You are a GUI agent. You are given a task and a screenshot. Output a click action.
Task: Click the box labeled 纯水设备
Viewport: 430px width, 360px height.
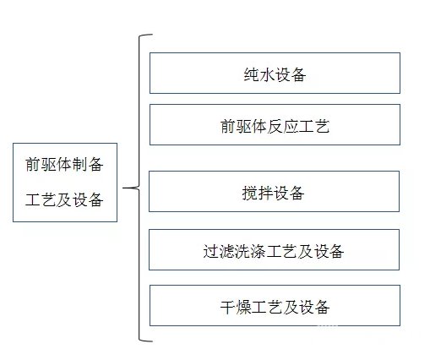pos(275,73)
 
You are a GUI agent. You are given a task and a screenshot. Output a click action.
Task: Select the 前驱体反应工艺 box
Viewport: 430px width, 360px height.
pos(275,125)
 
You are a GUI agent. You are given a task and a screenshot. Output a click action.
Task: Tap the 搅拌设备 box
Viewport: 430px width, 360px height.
pos(274,191)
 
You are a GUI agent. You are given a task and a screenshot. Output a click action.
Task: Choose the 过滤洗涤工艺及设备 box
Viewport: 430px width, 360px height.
pos(274,250)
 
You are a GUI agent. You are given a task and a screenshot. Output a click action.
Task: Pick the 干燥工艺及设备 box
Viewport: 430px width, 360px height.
pos(275,305)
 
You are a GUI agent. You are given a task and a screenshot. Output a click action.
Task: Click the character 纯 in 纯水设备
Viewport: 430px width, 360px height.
pos(252,74)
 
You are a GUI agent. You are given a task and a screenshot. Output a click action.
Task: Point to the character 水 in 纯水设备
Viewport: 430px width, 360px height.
pos(267,74)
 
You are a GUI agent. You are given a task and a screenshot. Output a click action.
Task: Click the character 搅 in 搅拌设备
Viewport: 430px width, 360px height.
pos(250,194)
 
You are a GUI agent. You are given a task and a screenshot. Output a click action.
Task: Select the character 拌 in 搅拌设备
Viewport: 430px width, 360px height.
pos(265,194)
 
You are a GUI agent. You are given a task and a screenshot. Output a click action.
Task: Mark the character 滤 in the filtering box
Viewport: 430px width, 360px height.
pos(226,251)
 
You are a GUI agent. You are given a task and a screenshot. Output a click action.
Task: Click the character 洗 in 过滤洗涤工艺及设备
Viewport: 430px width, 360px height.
pos(242,251)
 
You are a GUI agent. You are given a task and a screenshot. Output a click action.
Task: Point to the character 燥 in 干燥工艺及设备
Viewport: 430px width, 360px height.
pos(243,307)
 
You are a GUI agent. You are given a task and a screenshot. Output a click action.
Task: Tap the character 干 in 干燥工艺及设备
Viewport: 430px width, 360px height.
pos(228,307)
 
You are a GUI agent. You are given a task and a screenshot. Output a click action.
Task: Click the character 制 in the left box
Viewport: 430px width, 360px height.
pos(80,164)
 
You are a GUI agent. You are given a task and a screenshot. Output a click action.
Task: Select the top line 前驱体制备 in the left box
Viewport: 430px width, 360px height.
pos(64,164)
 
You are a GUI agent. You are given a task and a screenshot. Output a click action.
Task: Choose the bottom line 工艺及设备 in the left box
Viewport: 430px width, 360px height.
pos(64,199)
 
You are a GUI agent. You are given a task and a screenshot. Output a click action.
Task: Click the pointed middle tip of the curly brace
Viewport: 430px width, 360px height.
pos(123,188)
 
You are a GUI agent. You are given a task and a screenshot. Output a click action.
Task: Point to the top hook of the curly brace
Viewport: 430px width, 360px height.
pos(146,35)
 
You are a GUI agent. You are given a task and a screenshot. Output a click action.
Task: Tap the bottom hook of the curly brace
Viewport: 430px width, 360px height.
pos(146,341)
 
